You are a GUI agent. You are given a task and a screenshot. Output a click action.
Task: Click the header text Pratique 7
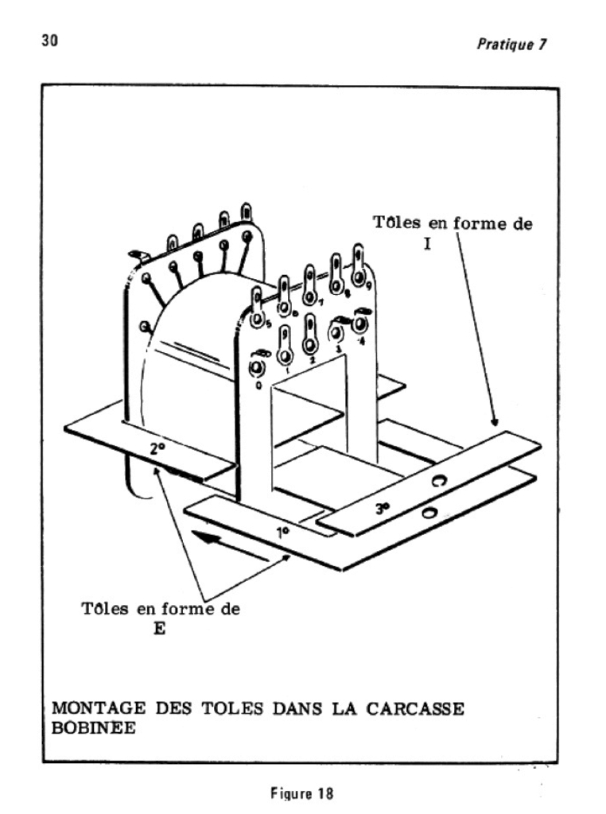(511, 45)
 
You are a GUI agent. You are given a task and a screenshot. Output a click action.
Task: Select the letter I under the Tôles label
(427, 244)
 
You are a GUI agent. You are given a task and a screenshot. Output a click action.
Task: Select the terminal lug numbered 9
(359, 269)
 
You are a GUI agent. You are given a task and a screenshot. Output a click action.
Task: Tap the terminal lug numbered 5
(258, 313)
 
